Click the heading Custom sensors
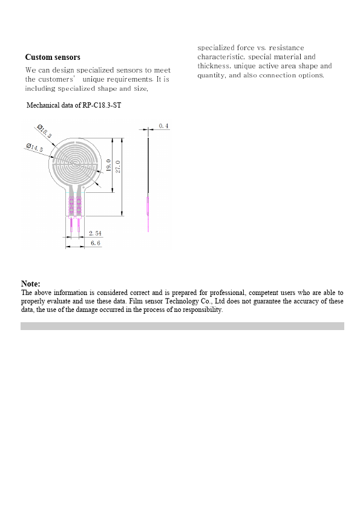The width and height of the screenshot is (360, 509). [53, 57]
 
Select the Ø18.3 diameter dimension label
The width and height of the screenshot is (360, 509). [45, 132]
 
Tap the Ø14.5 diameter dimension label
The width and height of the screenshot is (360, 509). [34, 148]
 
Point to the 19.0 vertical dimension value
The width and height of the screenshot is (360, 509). [108, 165]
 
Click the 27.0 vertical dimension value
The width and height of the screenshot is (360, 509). [119, 166]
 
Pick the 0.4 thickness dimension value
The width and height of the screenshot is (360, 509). [163, 126]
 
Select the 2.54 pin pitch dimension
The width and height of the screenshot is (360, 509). [94, 233]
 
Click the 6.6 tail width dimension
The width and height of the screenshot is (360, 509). [96, 242]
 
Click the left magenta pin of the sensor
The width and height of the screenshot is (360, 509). [72, 225]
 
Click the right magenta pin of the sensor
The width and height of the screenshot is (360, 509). [79, 225]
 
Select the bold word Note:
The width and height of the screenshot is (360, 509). [31, 284]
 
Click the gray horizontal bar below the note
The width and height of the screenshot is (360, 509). [182, 326]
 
